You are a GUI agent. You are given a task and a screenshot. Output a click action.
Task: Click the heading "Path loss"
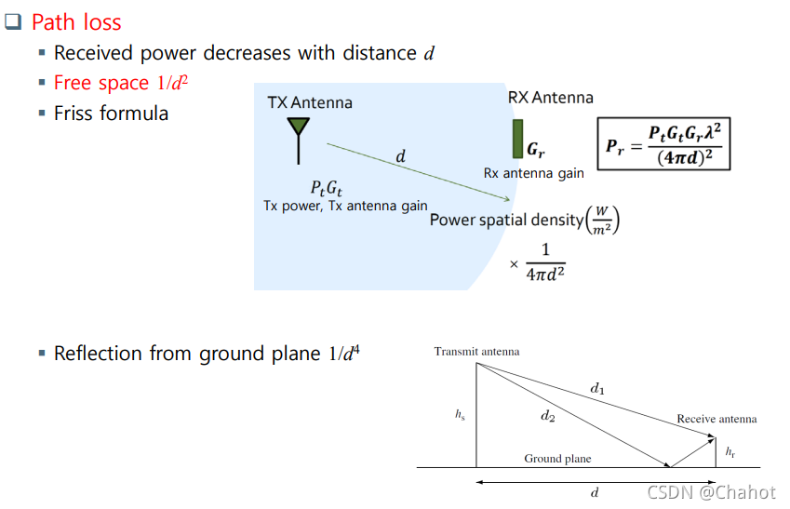tap(76, 21)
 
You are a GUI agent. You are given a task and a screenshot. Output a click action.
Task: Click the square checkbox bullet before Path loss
tap(13, 22)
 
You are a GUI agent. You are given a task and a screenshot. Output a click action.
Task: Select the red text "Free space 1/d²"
tap(122, 83)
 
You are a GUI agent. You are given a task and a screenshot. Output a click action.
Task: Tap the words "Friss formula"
tap(111, 114)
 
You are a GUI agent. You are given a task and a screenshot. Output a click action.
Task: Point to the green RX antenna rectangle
tap(517, 139)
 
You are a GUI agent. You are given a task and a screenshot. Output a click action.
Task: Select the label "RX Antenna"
tap(550, 98)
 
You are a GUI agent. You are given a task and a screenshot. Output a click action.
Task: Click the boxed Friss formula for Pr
tap(663, 143)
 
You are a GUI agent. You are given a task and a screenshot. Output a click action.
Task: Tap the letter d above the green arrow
tap(401, 156)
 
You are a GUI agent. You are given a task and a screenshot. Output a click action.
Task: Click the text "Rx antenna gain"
tap(534, 173)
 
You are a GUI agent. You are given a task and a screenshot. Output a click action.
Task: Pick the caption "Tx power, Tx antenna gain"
tap(345, 206)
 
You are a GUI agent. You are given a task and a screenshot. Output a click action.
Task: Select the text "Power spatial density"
tap(507, 221)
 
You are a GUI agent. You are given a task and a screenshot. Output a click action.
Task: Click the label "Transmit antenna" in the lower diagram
tap(476, 352)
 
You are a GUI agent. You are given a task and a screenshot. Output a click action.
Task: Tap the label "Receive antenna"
tap(716, 419)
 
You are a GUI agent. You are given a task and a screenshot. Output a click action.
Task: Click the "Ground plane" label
tap(557, 459)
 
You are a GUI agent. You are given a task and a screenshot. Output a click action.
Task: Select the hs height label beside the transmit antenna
tap(460, 415)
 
